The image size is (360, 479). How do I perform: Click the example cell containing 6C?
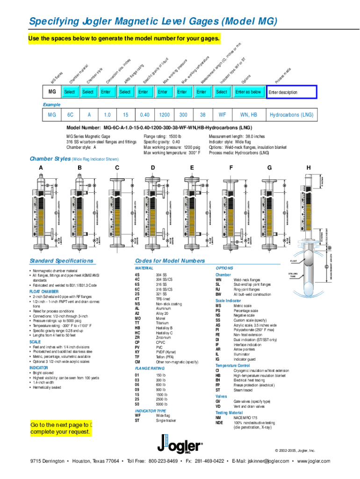point(70,115)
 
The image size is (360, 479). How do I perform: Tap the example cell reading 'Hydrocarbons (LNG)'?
point(291,115)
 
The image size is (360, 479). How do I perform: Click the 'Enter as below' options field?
point(248,92)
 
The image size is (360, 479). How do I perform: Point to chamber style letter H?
point(308,167)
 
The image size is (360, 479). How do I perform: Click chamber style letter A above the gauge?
point(41,167)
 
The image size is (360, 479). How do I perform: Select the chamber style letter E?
point(192,167)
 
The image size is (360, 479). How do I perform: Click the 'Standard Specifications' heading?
point(61,261)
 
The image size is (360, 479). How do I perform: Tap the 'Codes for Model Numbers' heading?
point(170,261)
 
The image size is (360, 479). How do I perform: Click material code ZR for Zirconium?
point(137,337)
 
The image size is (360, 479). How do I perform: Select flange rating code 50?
point(137,404)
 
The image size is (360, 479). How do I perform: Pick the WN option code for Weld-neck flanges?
point(218,279)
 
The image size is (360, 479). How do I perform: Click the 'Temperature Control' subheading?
point(232,365)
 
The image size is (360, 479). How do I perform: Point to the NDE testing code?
point(219,422)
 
